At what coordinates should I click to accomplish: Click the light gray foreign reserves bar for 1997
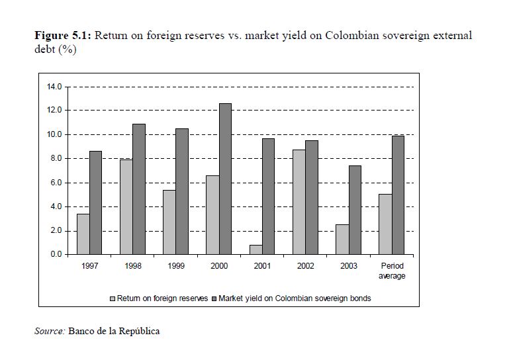(x=83, y=234)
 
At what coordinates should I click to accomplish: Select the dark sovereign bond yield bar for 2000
(x=225, y=179)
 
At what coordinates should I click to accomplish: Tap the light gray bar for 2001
(x=255, y=249)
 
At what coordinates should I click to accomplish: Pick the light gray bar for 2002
(x=299, y=202)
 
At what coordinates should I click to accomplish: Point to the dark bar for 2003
(x=355, y=210)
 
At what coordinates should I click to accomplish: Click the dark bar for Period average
(x=397, y=195)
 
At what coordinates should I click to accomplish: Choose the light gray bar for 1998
(x=126, y=206)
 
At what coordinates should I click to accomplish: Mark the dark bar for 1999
(x=182, y=191)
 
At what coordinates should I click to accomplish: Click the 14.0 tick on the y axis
(x=54, y=87)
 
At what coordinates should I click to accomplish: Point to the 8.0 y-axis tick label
(x=54, y=159)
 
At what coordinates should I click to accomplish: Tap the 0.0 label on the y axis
(x=54, y=255)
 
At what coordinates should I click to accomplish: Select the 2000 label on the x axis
(x=218, y=266)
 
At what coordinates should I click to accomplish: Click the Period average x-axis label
(x=391, y=271)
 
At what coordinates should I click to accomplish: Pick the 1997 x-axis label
(x=89, y=266)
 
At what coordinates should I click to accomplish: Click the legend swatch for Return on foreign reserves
(x=113, y=298)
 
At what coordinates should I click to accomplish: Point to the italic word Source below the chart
(x=50, y=331)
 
